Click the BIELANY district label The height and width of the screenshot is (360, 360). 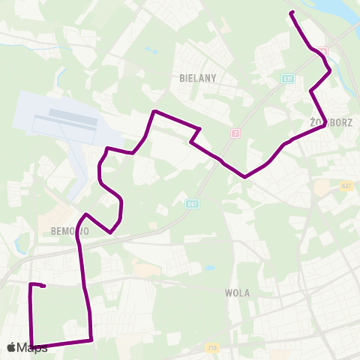198,77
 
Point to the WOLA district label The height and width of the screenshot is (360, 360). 237,293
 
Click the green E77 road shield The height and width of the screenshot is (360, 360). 288,78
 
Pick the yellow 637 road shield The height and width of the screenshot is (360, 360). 345,185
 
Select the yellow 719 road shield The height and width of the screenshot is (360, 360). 214,347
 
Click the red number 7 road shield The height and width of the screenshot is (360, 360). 235,133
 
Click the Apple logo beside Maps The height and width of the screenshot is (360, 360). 12,347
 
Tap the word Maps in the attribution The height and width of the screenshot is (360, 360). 33,347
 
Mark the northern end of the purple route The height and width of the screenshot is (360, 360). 291,12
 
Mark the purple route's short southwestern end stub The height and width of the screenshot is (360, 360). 44,286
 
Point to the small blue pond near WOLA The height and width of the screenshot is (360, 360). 210,268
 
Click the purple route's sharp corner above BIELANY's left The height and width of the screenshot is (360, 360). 154,112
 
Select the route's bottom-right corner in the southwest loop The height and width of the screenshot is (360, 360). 91,340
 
